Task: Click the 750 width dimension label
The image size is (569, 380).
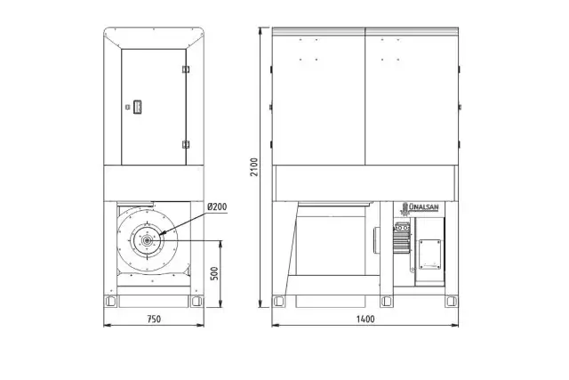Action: [x=154, y=319]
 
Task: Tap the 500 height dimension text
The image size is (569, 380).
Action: [x=214, y=273]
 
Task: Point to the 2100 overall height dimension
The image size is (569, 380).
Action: [x=254, y=167]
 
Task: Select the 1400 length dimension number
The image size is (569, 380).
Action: [x=365, y=319]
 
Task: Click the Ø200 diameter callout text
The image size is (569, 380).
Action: [x=217, y=206]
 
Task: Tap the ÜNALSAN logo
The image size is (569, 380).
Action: [x=420, y=208]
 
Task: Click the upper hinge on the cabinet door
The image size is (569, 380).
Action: [x=186, y=69]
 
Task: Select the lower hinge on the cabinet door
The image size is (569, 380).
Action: [x=186, y=144]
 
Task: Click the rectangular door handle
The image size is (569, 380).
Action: [x=138, y=107]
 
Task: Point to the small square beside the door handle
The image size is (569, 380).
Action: [x=127, y=107]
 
